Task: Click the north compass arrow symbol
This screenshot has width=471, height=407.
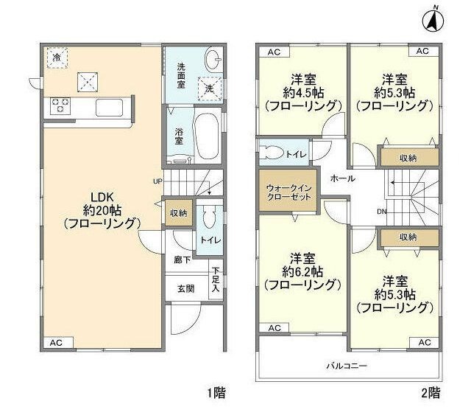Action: click(434, 20)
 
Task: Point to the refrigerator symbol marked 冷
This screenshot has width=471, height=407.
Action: click(56, 57)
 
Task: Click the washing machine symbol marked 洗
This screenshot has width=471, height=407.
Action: click(210, 86)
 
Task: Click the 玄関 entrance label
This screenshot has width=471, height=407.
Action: click(185, 289)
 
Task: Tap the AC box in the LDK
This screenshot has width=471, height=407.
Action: click(56, 344)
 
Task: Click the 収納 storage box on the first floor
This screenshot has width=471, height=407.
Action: click(178, 212)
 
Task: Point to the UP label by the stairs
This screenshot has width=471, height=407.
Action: click(157, 181)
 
